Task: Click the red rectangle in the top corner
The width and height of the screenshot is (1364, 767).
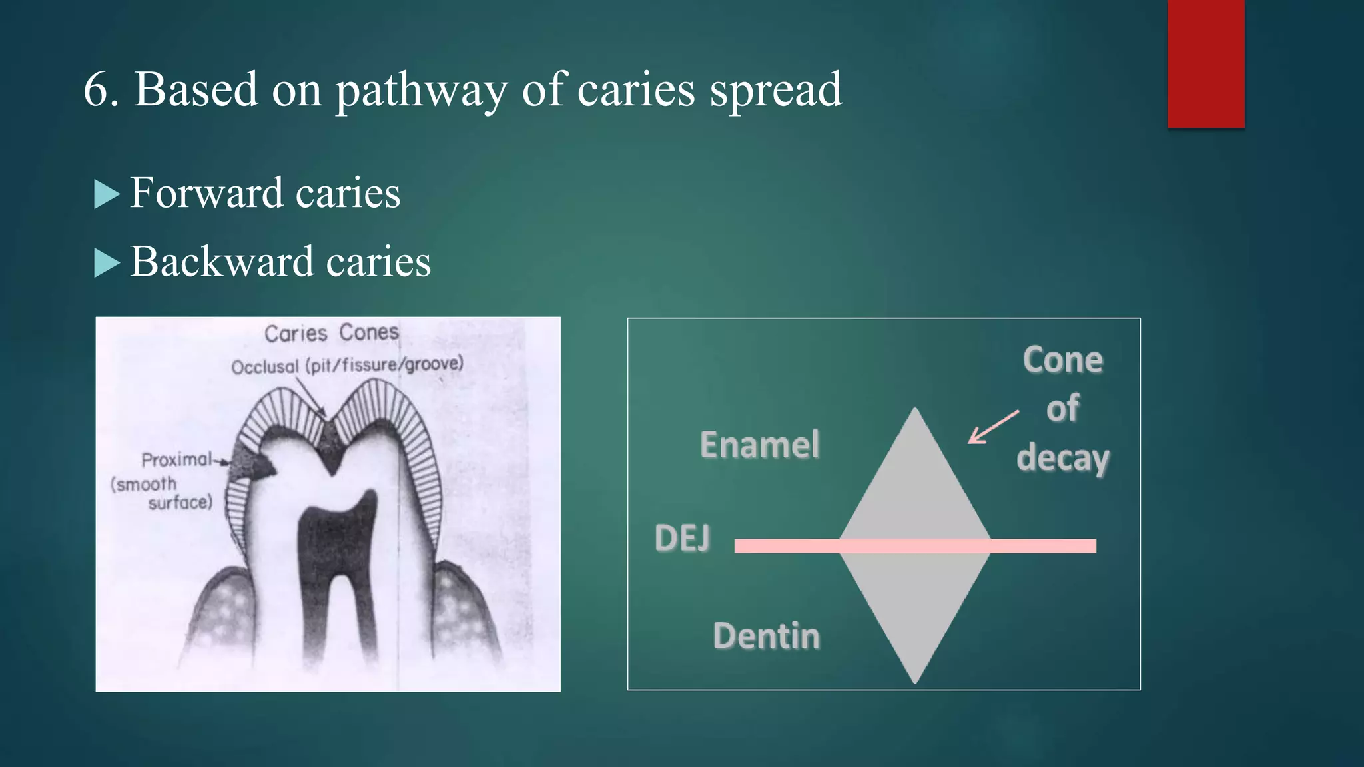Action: click(1205, 63)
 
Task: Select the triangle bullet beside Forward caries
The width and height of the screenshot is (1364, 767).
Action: click(107, 195)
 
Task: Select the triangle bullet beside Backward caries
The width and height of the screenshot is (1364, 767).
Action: click(107, 263)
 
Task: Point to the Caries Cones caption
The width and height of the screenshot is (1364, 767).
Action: click(331, 333)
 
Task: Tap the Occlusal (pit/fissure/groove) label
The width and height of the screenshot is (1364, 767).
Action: click(347, 365)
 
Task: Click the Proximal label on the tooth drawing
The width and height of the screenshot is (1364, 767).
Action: click(176, 459)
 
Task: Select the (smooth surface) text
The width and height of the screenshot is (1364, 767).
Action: click(162, 493)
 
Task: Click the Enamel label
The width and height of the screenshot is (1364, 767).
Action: click(759, 445)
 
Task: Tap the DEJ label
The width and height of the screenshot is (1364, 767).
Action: click(682, 538)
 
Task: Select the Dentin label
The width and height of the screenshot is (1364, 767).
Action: click(766, 636)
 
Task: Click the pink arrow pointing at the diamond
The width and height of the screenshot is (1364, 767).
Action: click(992, 427)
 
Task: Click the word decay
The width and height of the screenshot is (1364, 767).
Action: click(1062, 458)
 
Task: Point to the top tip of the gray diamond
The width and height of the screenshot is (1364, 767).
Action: click(914, 410)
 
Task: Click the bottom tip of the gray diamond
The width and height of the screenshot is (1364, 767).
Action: click(914, 680)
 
